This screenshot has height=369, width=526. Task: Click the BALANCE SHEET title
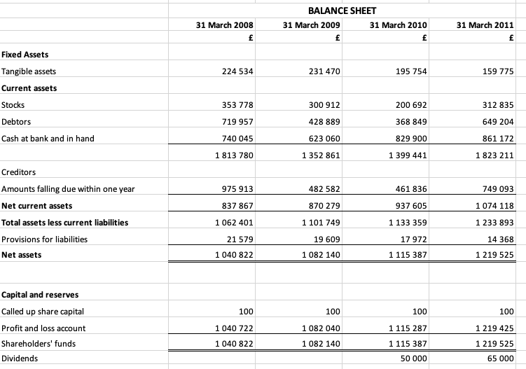click(342, 11)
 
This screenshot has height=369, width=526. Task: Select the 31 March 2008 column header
click(224, 25)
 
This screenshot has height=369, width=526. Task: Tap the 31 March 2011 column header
click(485, 25)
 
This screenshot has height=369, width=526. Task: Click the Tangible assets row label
click(29, 71)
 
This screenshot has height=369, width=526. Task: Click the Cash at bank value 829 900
click(412, 139)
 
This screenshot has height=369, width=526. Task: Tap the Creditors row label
click(18, 172)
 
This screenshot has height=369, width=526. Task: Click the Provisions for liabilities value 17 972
click(414, 239)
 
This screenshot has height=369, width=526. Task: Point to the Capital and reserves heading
click(39, 294)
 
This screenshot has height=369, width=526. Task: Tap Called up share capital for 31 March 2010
click(420, 311)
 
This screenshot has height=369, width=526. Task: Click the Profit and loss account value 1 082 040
click(319, 328)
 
